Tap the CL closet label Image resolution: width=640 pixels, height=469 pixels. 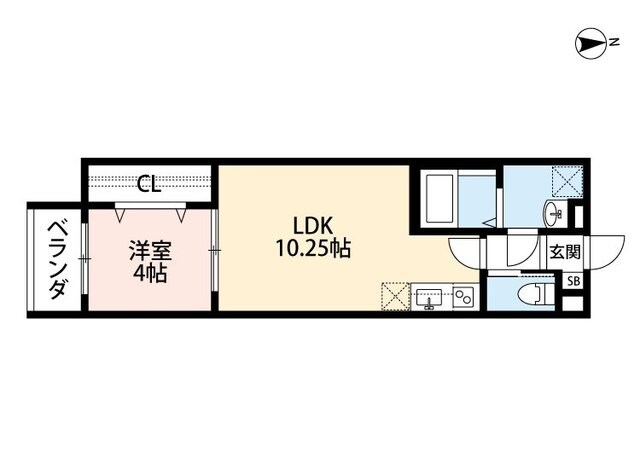click(x=149, y=183)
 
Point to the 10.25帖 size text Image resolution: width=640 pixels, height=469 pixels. click(x=313, y=249)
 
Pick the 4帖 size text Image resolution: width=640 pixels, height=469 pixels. click(x=147, y=272)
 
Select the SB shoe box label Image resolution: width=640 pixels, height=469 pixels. click(x=573, y=281)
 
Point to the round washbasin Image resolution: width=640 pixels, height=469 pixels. click(x=553, y=212)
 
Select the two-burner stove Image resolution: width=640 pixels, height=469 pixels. click(x=462, y=296)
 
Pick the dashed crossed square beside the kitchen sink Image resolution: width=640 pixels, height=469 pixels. click(x=394, y=297)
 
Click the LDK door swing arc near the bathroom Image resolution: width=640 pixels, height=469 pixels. click(x=466, y=254)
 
